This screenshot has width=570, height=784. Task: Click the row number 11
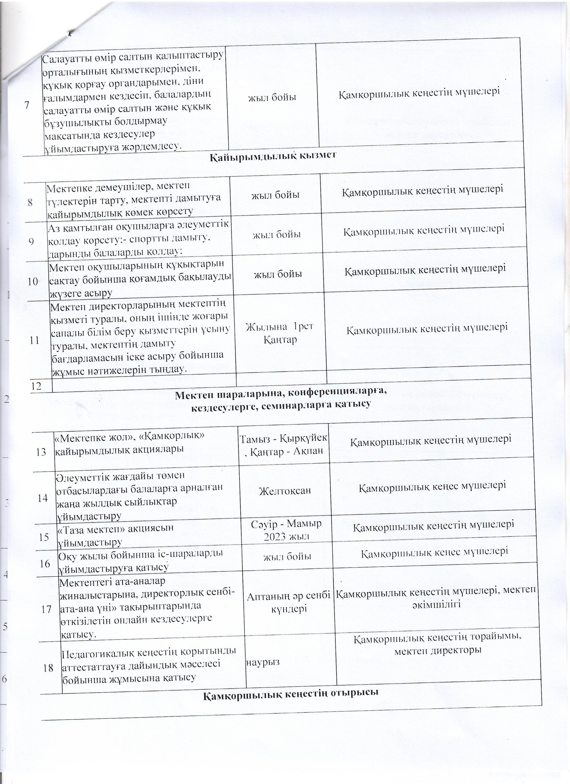pyautogui.click(x=35, y=340)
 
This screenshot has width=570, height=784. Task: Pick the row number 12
pyautogui.click(x=36, y=386)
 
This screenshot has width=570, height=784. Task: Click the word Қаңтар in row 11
pyautogui.click(x=280, y=340)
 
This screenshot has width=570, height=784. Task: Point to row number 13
pyautogui.click(x=41, y=452)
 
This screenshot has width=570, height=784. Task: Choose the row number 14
pyautogui.click(x=43, y=498)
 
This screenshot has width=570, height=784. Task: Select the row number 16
pyautogui.click(x=45, y=564)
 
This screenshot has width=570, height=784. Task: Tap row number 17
pyautogui.click(x=46, y=609)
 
